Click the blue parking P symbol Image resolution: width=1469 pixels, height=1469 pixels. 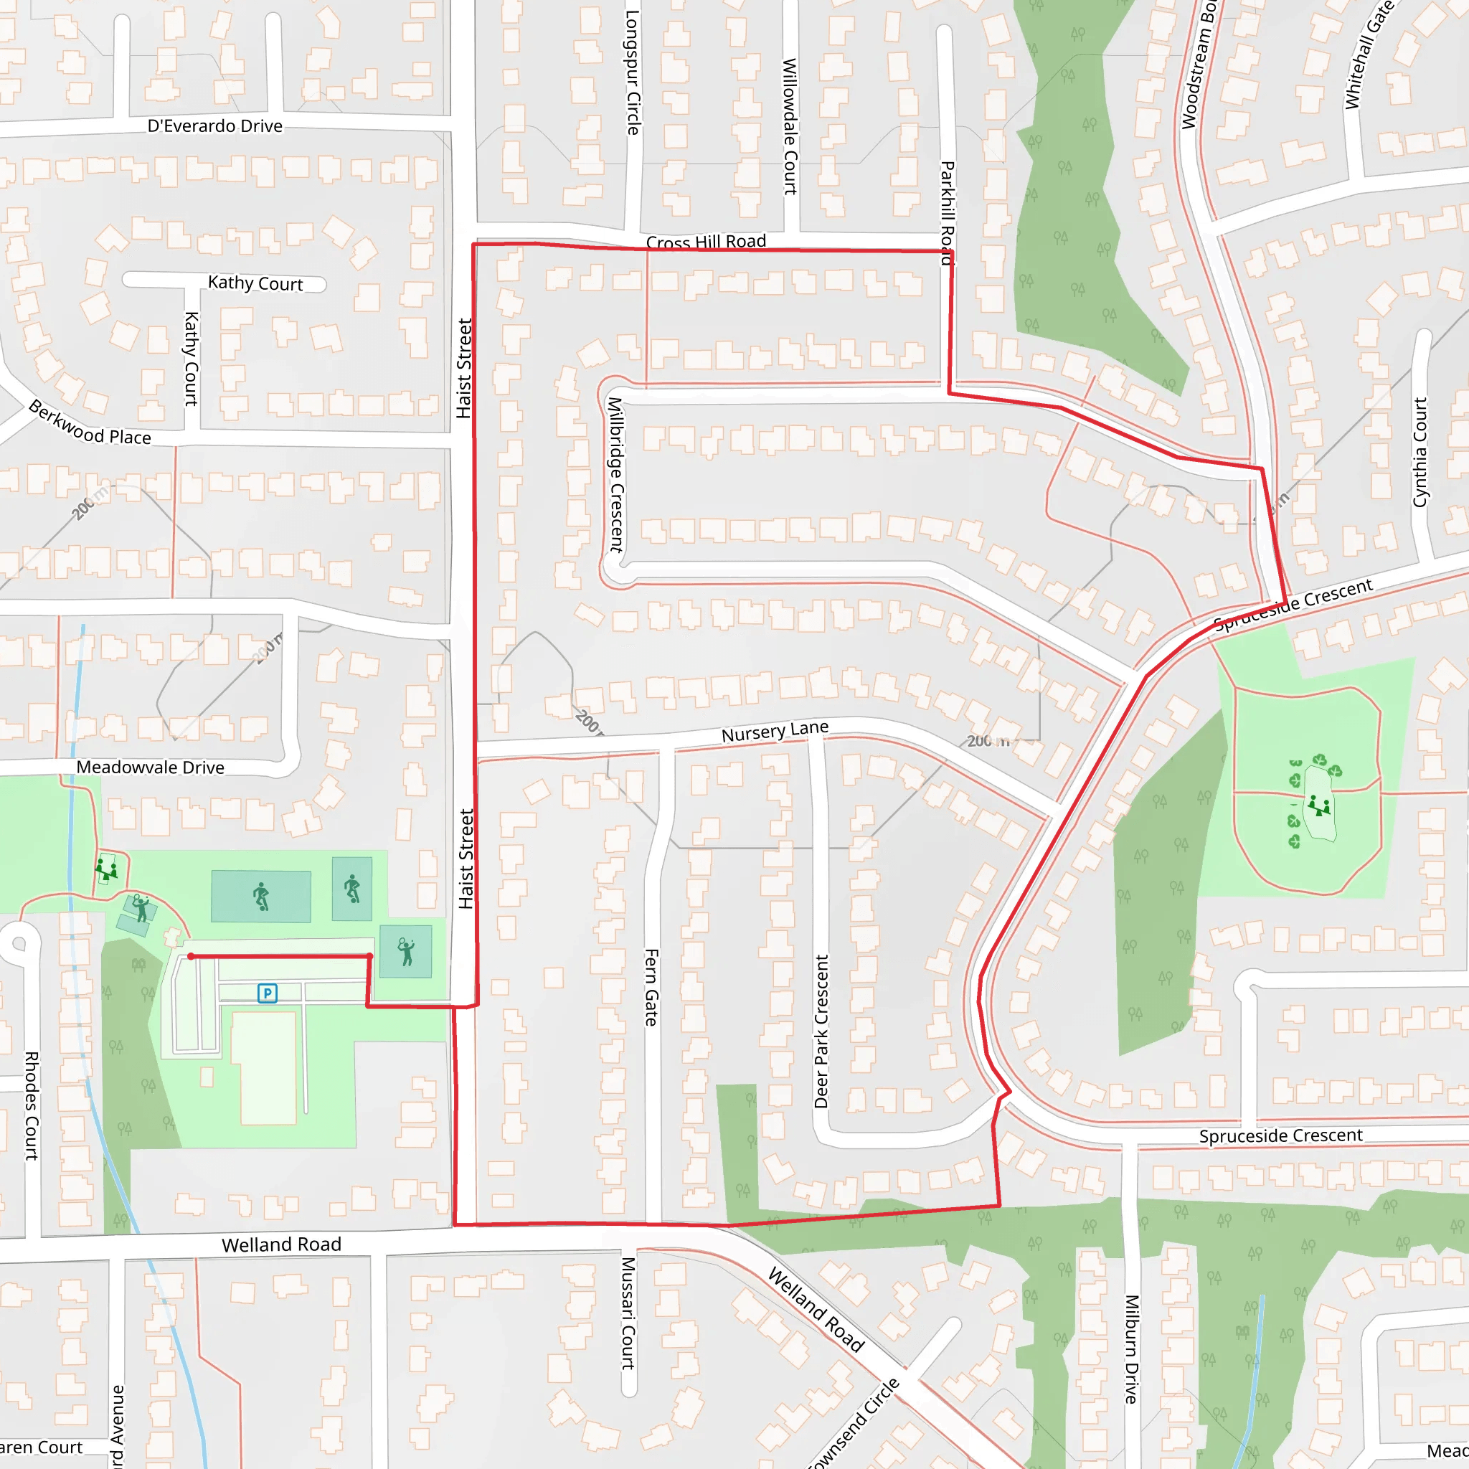point(267,993)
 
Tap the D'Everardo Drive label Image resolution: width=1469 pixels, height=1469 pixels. point(215,126)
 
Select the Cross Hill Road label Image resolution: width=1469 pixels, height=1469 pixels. point(706,242)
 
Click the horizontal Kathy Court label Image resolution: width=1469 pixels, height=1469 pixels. point(255,283)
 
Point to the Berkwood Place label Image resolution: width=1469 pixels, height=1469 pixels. point(90,423)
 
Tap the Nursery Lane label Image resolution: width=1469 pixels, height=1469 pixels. point(775,732)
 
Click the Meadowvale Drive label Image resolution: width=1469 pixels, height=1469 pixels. point(151,768)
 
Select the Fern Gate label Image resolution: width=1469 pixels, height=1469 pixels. point(651,987)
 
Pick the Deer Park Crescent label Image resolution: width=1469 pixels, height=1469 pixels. point(821,1031)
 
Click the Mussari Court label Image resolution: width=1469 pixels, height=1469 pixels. point(628,1313)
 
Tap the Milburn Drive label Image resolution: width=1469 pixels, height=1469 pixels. point(1131,1350)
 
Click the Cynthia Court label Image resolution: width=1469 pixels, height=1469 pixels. point(1420,453)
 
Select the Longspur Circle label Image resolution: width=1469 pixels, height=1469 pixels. point(633,73)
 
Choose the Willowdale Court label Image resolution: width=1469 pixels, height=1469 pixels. point(790,126)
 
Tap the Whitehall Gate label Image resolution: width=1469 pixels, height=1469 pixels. point(1369,55)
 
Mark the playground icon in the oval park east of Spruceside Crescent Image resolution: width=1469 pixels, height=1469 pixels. point(1320,806)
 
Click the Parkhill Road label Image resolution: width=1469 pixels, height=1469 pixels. point(948,213)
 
